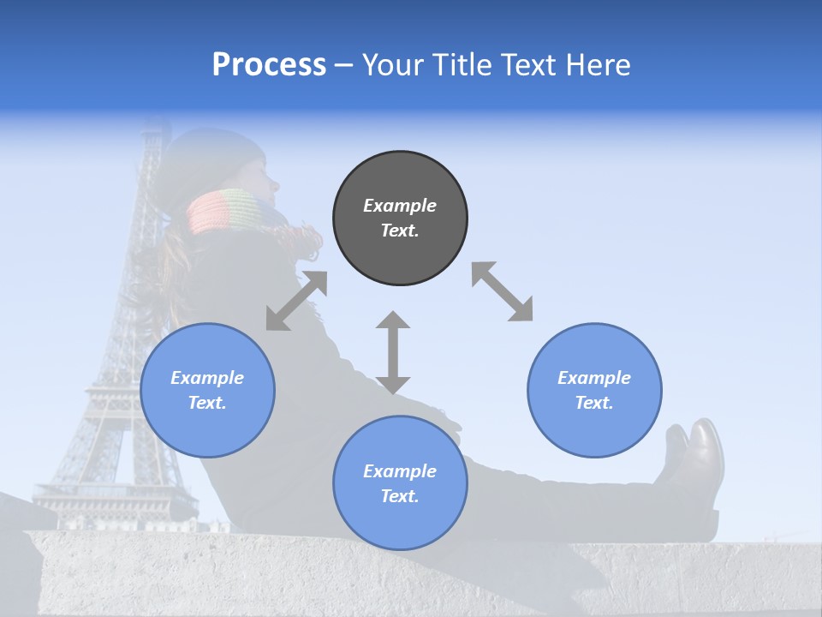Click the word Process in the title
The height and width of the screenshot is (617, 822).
[x=269, y=65]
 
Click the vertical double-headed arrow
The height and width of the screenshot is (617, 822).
[x=393, y=352]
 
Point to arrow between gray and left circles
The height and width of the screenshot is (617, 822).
[x=296, y=301]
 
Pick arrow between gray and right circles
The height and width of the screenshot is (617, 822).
[x=502, y=291]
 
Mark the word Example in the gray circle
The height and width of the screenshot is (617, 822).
[x=400, y=206]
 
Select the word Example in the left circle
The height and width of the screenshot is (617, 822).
[x=207, y=378]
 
